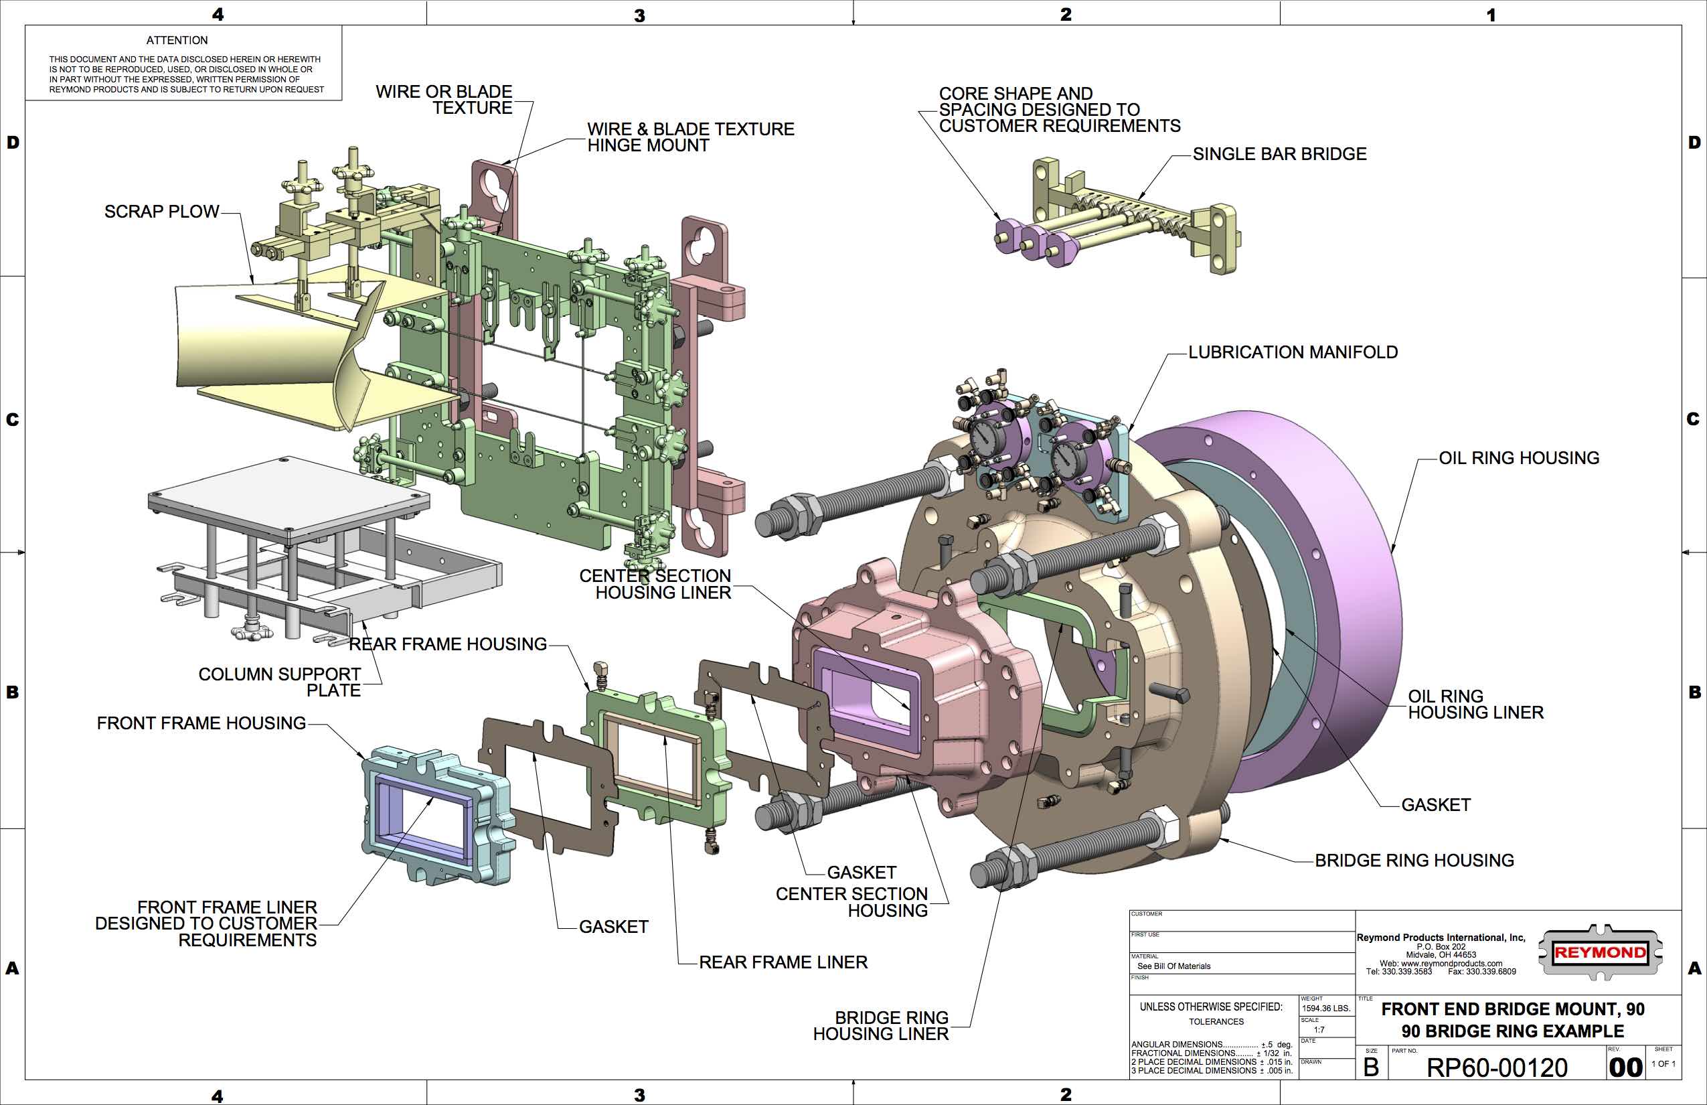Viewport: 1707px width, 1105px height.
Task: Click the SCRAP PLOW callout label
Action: click(161, 212)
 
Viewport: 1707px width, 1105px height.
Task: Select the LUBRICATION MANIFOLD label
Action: click(1293, 352)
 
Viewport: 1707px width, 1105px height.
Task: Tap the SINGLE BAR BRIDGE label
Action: click(1279, 154)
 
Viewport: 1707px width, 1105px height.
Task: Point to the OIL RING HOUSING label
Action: click(1519, 458)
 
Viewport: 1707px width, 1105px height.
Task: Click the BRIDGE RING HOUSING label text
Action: click(1414, 861)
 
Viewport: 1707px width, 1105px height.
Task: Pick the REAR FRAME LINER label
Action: click(783, 962)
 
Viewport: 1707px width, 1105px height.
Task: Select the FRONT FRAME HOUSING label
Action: click(201, 723)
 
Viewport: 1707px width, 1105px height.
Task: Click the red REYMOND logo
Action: click(1599, 953)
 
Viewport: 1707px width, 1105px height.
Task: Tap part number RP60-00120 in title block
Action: click(1497, 1067)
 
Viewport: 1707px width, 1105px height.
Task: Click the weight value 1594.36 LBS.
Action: click(1326, 1008)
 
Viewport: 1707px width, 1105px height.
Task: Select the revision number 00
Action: click(1625, 1067)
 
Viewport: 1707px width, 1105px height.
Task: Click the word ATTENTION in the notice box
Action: click(177, 41)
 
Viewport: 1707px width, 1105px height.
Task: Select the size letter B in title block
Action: click(1371, 1067)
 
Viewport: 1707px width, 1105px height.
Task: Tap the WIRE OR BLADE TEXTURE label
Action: click(444, 100)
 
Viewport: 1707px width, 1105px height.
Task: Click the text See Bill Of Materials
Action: click(1173, 966)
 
